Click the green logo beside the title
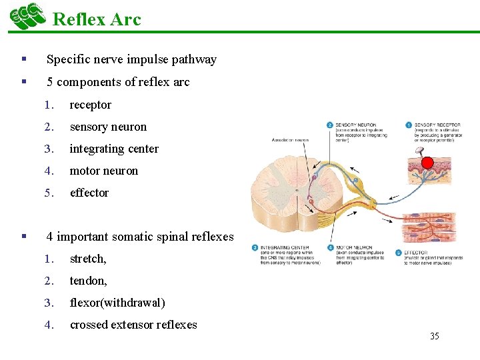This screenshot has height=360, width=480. pyautogui.click(x=27, y=16)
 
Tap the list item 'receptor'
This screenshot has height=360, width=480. pyautogui.click(x=90, y=105)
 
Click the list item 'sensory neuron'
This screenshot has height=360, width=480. pyautogui.click(x=108, y=127)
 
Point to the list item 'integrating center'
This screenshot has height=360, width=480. pyautogui.click(x=114, y=149)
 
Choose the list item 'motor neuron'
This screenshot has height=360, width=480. pyautogui.click(x=103, y=171)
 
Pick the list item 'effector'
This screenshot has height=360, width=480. pyautogui.click(x=89, y=193)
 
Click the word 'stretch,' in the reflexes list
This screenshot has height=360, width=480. pyautogui.click(x=88, y=259)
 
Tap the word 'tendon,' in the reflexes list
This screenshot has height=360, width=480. pyautogui.click(x=88, y=281)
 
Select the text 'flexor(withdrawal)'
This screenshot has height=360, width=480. pyautogui.click(x=117, y=303)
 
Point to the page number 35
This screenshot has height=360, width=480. pyautogui.click(x=434, y=336)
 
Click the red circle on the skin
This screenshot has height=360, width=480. pyautogui.click(x=427, y=162)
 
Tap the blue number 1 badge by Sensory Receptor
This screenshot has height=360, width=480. pyautogui.click(x=408, y=125)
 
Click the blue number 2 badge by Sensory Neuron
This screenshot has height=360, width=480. pyautogui.click(x=330, y=125)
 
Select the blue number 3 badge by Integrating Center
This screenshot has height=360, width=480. pyautogui.click(x=255, y=247)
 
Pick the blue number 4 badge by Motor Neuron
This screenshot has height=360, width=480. pyautogui.click(x=330, y=247)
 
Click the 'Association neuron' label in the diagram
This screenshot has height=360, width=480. pyautogui.click(x=290, y=139)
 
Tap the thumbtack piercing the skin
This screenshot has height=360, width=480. pyautogui.click(x=418, y=153)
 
